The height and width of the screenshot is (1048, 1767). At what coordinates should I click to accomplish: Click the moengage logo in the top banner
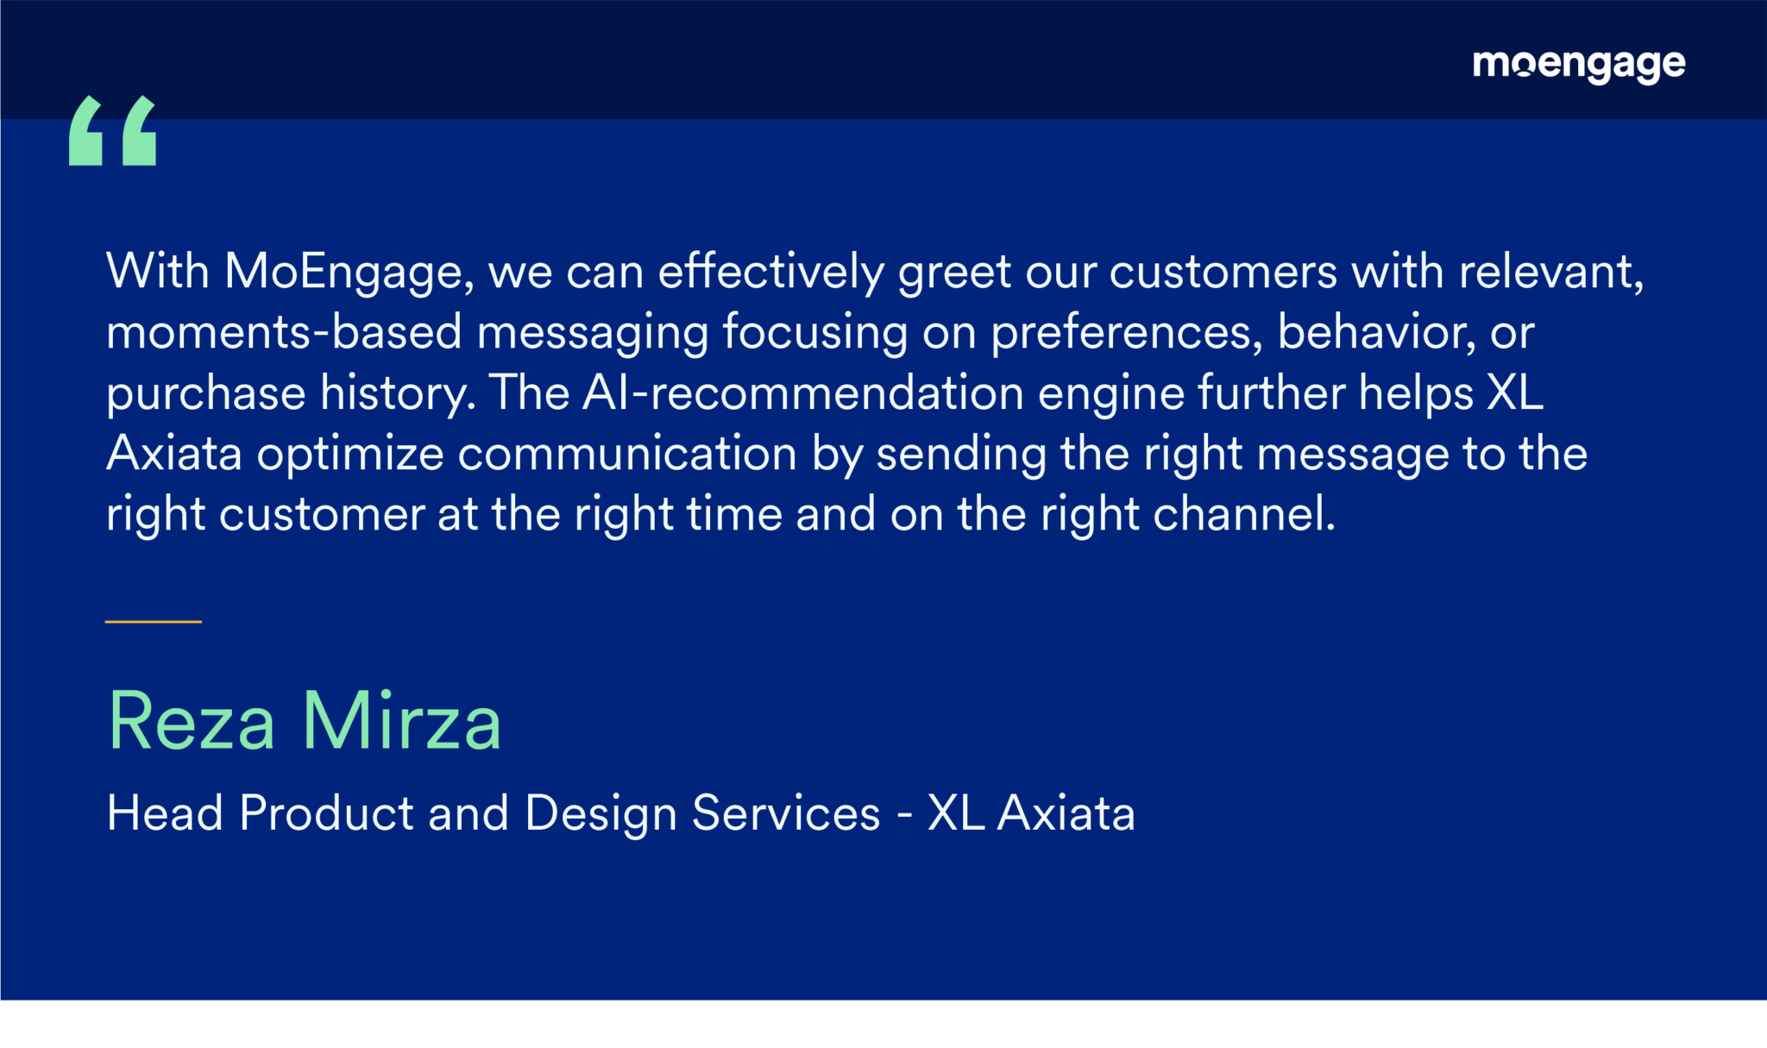click(x=1579, y=66)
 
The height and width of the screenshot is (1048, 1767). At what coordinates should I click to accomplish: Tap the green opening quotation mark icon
click(x=113, y=130)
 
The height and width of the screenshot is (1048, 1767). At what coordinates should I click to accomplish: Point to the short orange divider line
click(x=154, y=621)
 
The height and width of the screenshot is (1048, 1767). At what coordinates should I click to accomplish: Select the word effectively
click(x=771, y=273)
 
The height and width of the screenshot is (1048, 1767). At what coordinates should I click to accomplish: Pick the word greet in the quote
click(x=954, y=275)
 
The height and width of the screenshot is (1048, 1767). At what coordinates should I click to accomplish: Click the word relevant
click(x=1550, y=273)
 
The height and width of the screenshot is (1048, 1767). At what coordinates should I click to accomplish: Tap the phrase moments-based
click(x=284, y=332)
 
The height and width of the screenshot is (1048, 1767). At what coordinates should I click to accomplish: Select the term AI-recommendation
click(x=803, y=392)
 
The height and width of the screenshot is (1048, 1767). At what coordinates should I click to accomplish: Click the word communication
click(x=627, y=454)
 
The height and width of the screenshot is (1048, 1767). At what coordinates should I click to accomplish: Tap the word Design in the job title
click(x=601, y=814)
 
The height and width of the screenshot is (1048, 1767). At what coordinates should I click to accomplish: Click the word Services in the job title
click(x=786, y=813)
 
